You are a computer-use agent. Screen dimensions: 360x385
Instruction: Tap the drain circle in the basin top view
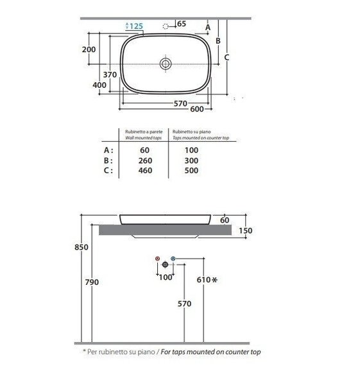click(x=166, y=64)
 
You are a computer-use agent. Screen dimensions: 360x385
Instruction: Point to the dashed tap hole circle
click(x=166, y=26)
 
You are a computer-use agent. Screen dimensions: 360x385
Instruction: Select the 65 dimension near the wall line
click(x=182, y=24)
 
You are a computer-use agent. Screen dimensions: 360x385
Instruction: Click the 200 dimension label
click(x=89, y=49)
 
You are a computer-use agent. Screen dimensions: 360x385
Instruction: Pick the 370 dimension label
click(x=110, y=74)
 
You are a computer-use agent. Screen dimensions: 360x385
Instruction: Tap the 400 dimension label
click(x=99, y=85)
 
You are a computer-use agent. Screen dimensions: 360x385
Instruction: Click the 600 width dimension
click(x=197, y=109)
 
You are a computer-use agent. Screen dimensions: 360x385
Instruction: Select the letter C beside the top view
click(x=227, y=58)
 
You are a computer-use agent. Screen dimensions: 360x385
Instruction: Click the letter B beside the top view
click(x=218, y=41)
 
